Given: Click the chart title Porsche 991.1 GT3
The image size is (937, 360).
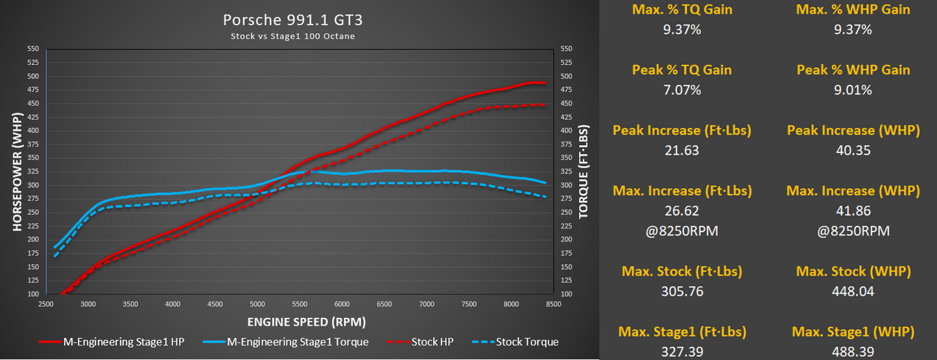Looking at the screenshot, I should pyautogui.click(x=292, y=20).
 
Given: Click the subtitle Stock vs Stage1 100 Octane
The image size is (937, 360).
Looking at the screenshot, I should pyautogui.click(x=292, y=36).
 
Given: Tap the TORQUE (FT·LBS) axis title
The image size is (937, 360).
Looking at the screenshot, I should pyautogui.click(x=583, y=171).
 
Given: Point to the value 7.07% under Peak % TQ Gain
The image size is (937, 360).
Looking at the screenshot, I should pyautogui.click(x=682, y=90).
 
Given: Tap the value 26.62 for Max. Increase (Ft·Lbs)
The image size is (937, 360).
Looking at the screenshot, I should pyautogui.click(x=682, y=211).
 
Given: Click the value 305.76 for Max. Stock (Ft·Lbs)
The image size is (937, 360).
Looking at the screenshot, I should pyautogui.click(x=682, y=291).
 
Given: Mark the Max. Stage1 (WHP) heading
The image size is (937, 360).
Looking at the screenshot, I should pyautogui.click(x=853, y=332).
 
